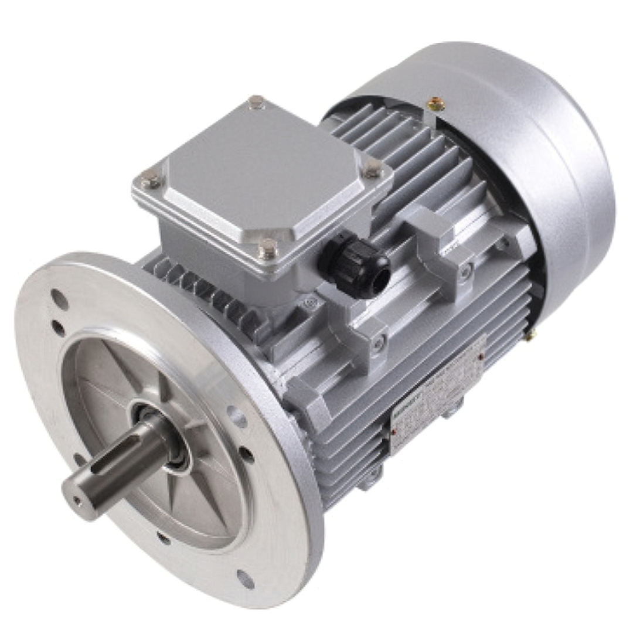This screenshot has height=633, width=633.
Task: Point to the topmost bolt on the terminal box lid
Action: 256,102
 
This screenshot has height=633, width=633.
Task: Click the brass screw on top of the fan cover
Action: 435,104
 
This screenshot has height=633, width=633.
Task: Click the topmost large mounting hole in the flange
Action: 59,299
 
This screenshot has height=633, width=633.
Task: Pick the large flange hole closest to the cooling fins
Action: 237,417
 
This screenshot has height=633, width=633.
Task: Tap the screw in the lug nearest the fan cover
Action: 466,271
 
